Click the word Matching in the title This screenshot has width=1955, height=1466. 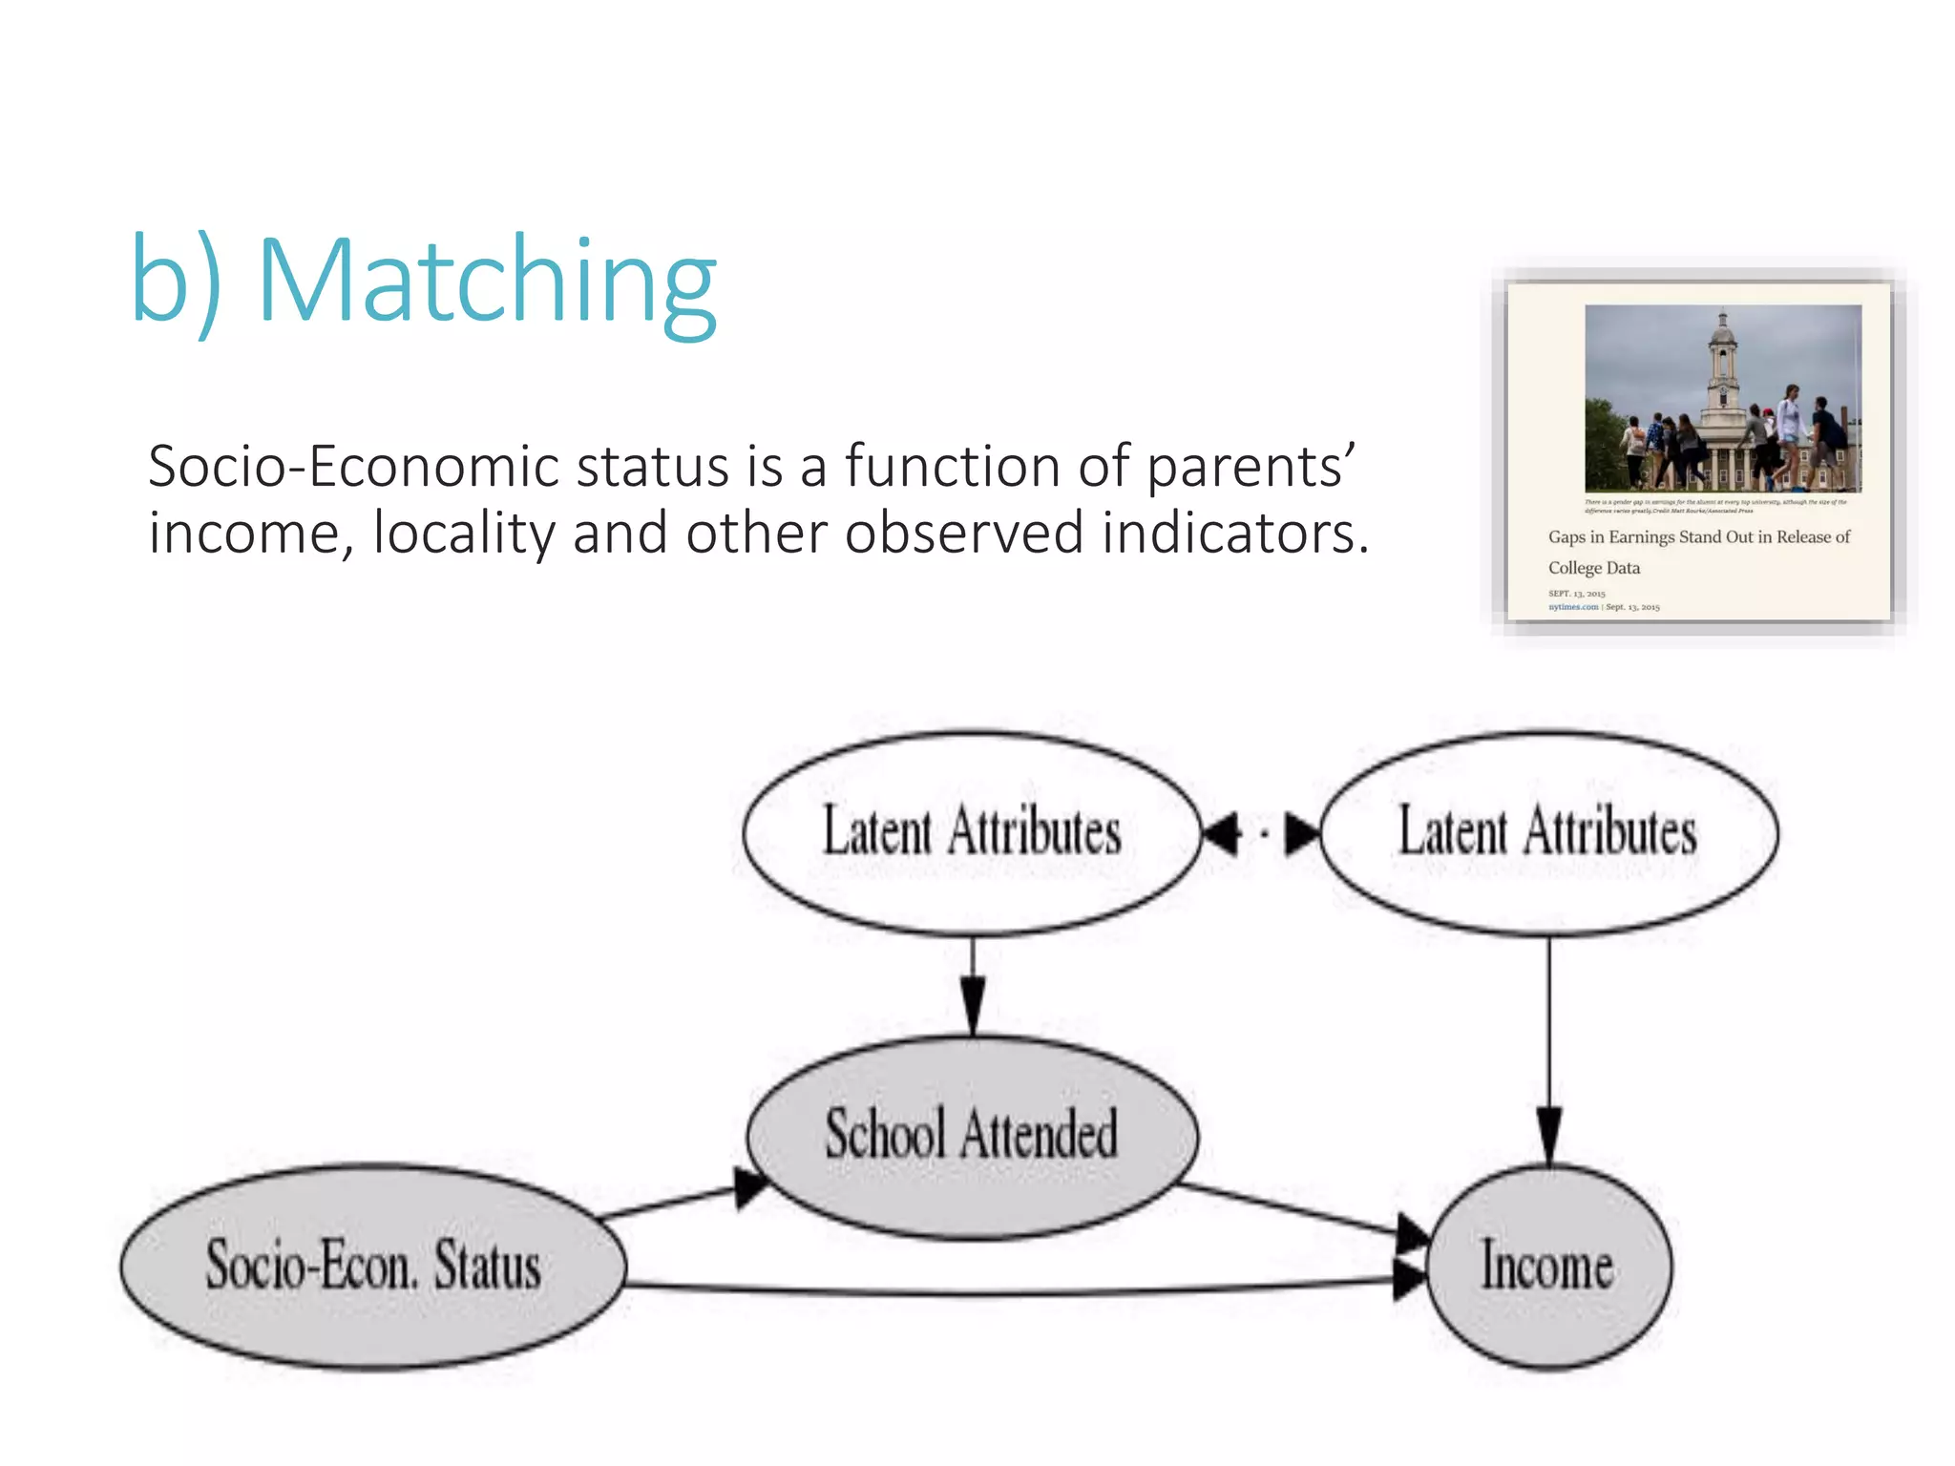click(x=487, y=283)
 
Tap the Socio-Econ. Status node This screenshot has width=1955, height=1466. click(x=373, y=1267)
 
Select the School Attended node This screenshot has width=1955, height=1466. click(x=971, y=1136)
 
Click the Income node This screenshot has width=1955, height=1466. click(x=1547, y=1267)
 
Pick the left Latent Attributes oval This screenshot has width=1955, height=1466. click(x=971, y=832)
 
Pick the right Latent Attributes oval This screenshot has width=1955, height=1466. click(x=1547, y=832)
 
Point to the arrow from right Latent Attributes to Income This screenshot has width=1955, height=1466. click(x=1548, y=1050)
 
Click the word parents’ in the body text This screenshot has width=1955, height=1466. click(x=1250, y=468)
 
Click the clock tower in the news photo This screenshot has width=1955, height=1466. click(x=1722, y=367)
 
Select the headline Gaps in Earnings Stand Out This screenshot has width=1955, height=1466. click(x=1698, y=537)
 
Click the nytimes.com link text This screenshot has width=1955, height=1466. click(x=1572, y=607)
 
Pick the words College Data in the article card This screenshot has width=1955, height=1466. click(x=1593, y=568)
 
